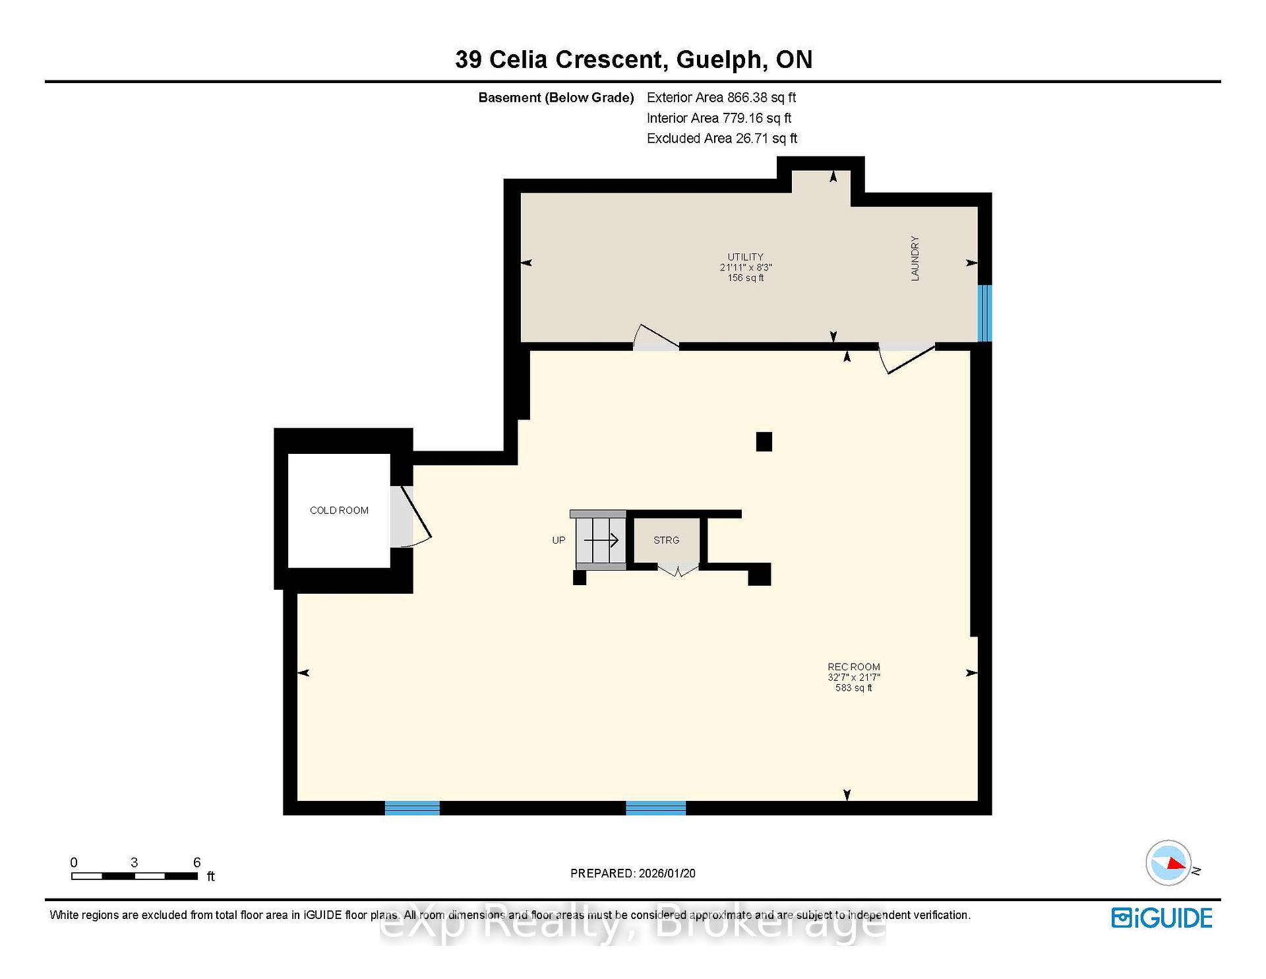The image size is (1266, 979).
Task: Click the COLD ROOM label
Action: pos(339,511)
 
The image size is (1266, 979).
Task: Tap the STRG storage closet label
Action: pos(666,540)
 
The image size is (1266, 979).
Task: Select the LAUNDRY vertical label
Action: pos(915,259)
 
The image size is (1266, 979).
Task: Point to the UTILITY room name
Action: pos(746,257)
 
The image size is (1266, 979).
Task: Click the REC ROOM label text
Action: pos(854,667)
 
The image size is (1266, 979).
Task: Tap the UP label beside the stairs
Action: pos(558,540)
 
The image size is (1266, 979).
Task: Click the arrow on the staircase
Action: pos(601,540)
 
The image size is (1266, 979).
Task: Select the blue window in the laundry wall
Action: pos(984,313)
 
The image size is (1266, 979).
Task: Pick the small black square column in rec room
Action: pos(764,441)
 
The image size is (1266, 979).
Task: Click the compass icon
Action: pos(1169,863)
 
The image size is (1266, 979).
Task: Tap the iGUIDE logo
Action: pos(1162,918)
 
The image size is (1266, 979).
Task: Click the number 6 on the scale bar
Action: pos(196,862)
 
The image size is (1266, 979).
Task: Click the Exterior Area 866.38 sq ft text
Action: pos(721,98)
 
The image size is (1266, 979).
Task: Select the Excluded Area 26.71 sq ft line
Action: pos(722,139)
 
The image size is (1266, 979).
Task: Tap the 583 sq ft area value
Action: pos(854,688)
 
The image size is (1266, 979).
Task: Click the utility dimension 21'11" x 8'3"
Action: pos(746,267)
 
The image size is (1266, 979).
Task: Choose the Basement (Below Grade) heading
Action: pos(556,98)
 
